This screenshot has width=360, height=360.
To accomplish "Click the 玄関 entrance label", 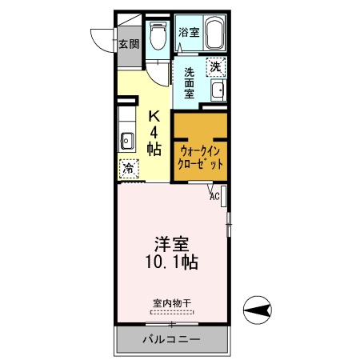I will coord(128,44).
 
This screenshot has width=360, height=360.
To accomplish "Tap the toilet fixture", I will coord(158,37).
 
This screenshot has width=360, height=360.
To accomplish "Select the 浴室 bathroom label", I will coord(189,33).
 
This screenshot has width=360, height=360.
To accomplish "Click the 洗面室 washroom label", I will coord(189,82).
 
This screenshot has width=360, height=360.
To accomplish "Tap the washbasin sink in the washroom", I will coord(217,89).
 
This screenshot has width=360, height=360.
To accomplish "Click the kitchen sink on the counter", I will coord(126,142).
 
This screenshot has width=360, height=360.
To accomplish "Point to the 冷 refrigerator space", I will coord(128,169).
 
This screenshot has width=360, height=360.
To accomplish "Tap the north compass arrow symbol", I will coord(258,307).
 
